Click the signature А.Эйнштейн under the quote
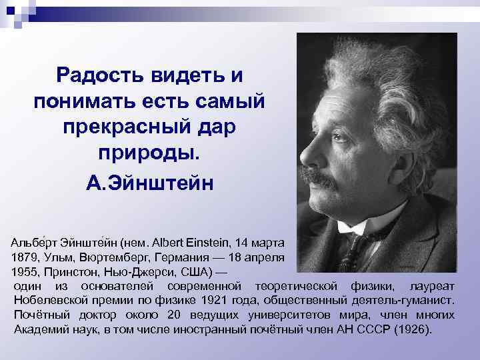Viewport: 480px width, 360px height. coord(149,182)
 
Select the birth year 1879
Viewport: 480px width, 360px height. coord(25,256)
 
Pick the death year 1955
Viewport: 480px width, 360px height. coord(25,271)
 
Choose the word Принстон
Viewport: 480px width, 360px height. coord(74,271)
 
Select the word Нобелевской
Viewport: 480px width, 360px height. coord(47,301)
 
